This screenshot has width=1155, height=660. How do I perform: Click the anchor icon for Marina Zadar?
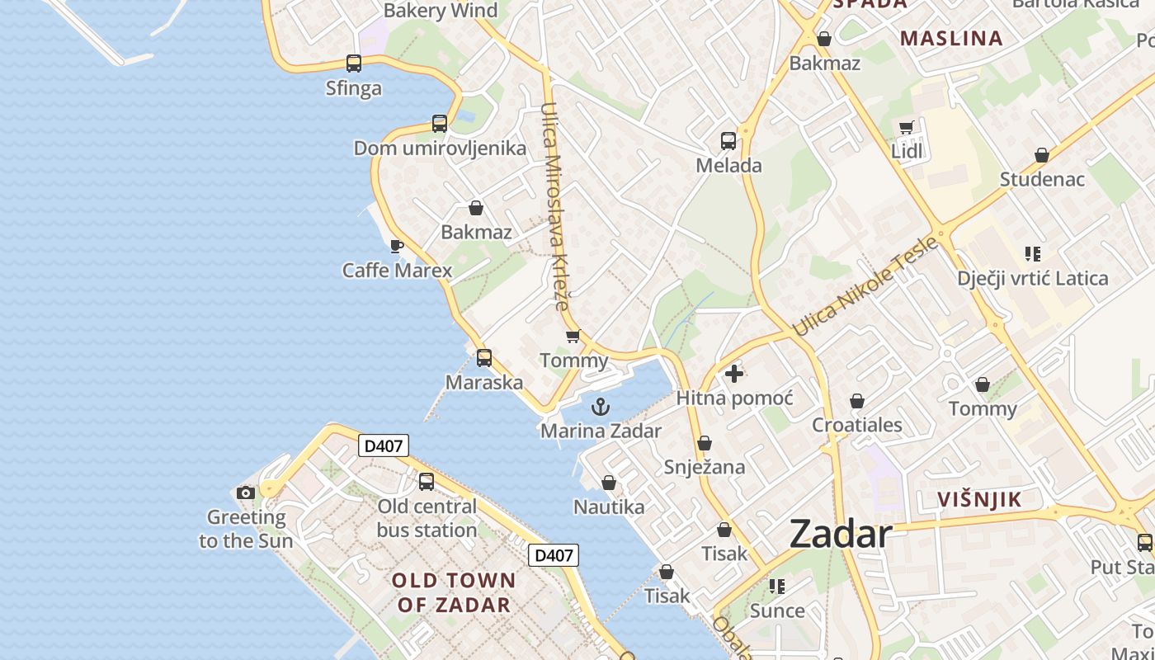pos(601,406)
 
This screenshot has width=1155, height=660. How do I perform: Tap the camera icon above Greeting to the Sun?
pos(246,493)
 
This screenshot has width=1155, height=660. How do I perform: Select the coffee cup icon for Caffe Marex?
pos(397,246)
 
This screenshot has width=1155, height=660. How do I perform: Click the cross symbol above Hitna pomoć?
pos(733,374)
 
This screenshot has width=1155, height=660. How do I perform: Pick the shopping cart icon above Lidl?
pos(907,127)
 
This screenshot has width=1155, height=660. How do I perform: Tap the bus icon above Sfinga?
pos(354,64)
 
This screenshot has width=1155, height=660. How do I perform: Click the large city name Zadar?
pos(840,534)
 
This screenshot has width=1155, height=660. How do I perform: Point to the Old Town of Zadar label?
pos(453,592)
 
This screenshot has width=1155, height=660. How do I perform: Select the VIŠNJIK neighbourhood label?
pos(979,499)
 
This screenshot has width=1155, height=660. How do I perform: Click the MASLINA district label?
pos(951,38)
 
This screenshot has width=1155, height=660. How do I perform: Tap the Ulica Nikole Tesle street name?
pos(865,285)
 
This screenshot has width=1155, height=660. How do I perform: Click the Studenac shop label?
pos(1042,179)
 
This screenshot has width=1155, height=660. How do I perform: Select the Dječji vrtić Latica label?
pos(1032,278)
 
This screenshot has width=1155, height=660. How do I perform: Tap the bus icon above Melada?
pos(728,141)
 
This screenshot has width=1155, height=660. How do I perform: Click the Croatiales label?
pos(857,425)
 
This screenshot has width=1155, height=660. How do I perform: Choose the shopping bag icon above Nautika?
pos(609,483)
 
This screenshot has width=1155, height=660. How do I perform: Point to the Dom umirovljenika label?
pos(440,148)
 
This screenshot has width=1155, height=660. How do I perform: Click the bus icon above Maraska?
pos(484,358)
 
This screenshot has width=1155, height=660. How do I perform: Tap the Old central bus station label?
pos(427,518)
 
